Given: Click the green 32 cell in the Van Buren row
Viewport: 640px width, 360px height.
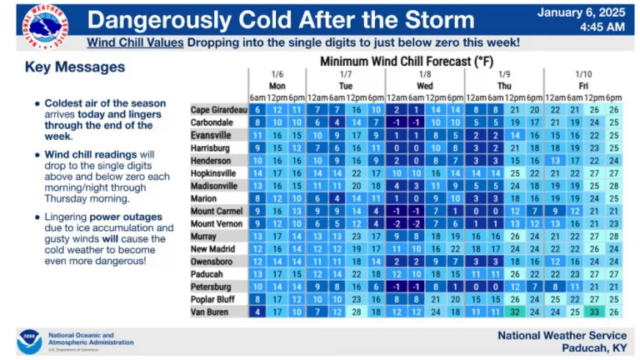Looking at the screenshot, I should (514, 312).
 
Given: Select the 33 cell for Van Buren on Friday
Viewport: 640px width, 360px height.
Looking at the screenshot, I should (594, 312).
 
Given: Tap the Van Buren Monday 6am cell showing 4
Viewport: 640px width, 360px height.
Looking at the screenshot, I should (258, 312).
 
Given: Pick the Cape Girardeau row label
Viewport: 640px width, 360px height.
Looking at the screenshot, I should (219, 110).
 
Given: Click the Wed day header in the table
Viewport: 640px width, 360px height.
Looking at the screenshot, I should (424, 86).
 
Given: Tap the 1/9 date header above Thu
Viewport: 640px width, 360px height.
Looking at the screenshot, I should (503, 74).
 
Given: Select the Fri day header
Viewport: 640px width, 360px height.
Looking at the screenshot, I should (583, 86).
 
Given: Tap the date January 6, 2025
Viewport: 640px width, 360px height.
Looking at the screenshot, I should (581, 12).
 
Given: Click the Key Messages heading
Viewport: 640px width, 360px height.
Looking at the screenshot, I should (75, 67).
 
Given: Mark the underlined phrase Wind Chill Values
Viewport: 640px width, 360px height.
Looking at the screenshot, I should (135, 42).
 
